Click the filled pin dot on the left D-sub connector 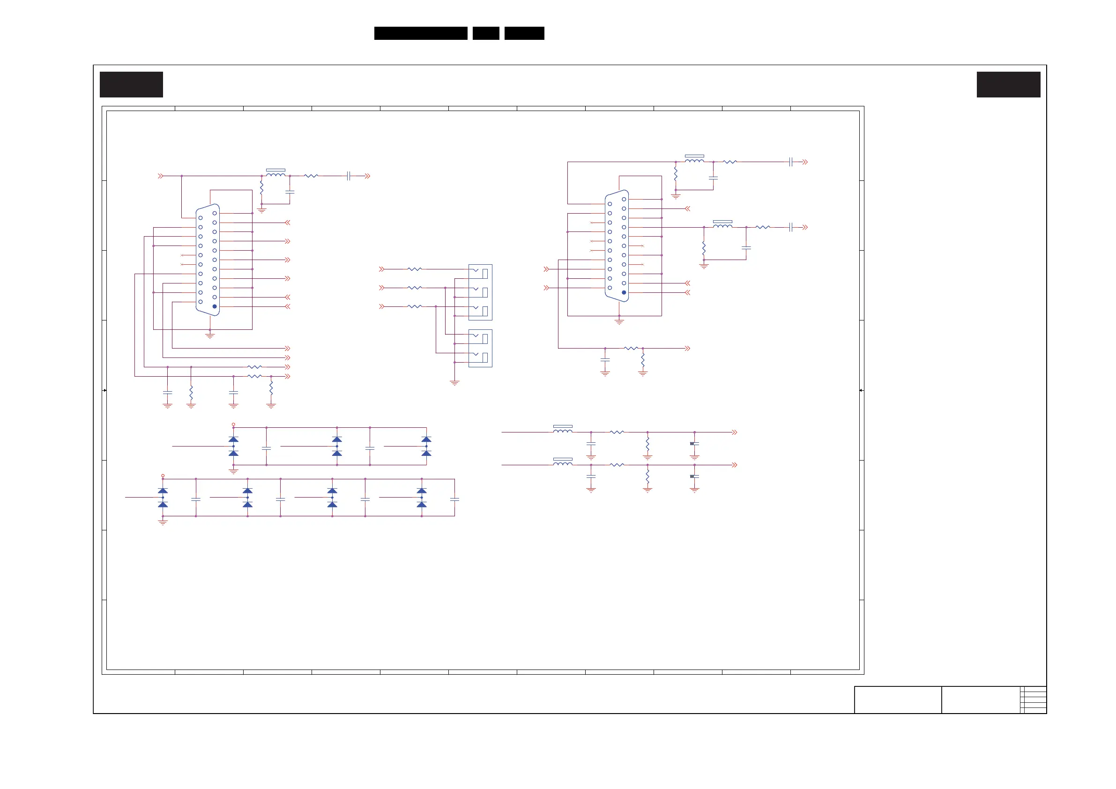[x=215, y=306]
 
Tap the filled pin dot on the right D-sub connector [x=624, y=293]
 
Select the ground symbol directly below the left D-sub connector [x=210, y=335]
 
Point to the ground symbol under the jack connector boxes [x=454, y=383]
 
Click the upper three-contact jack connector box [x=480, y=292]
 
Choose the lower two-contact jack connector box [x=480, y=348]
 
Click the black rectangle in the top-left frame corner [x=131, y=85]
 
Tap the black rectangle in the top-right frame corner [x=1009, y=85]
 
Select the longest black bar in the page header [x=420, y=33]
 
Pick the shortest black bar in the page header [x=485, y=33]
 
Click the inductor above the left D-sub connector [x=275, y=174]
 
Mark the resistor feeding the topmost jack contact [x=415, y=269]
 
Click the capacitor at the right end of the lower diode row [x=454, y=499]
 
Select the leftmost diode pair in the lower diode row [x=163, y=497]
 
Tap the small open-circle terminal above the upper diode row [x=233, y=424]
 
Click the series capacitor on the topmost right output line [x=791, y=162]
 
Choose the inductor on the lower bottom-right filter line [x=563, y=464]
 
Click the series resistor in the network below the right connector [x=631, y=348]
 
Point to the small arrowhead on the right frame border [x=861, y=390]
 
